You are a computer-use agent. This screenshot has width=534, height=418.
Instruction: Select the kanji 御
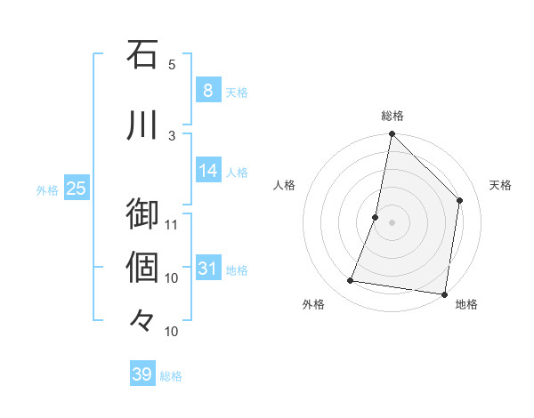(142, 214)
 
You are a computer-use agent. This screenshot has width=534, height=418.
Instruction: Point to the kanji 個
(142, 267)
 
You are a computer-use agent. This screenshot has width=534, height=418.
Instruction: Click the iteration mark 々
(142, 319)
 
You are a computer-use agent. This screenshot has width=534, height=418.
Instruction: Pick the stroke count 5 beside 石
(172, 65)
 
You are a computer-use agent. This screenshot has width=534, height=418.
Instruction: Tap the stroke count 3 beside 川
(172, 135)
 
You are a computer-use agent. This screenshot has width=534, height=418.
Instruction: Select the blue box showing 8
(207, 90)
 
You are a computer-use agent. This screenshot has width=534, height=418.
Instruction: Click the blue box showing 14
(207, 170)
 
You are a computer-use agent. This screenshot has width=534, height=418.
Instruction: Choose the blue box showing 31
(207, 268)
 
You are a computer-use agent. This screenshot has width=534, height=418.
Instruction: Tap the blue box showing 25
(76, 188)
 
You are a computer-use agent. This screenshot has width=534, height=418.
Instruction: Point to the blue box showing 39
(142, 374)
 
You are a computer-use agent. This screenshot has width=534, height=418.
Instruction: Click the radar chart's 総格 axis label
(392, 116)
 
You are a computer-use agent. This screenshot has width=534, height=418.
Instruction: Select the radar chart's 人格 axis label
(285, 185)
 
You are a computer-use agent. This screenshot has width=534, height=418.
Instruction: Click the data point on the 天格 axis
(460, 200)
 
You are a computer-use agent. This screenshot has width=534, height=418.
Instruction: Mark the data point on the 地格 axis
(444, 293)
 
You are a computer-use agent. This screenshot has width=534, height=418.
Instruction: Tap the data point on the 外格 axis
(351, 281)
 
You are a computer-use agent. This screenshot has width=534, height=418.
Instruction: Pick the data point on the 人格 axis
(376, 217)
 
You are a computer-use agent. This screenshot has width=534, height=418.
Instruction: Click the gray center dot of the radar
(392, 222)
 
